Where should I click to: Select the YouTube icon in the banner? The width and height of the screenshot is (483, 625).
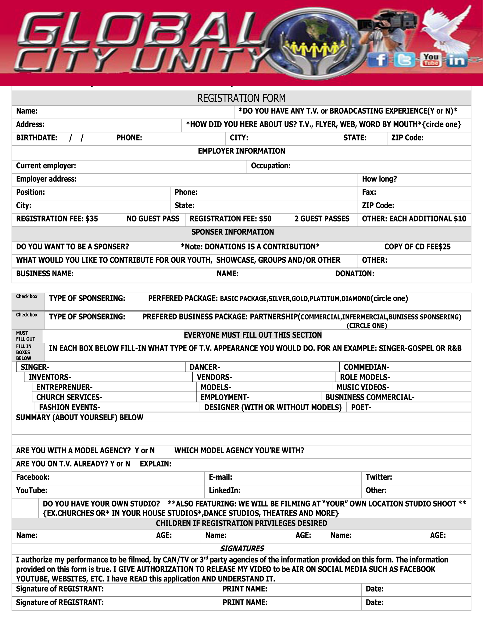click(431, 60)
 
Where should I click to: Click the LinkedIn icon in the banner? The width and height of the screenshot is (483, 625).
click(456, 60)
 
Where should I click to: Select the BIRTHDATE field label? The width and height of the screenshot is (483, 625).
click(37, 138)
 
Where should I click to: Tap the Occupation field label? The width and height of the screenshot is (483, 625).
click(270, 166)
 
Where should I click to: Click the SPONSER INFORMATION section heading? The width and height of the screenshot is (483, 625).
click(232, 232)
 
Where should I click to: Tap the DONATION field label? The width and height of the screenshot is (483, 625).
click(355, 274)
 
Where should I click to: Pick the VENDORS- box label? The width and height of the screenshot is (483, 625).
click(214, 377)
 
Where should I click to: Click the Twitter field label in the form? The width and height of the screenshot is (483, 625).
click(379, 477)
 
